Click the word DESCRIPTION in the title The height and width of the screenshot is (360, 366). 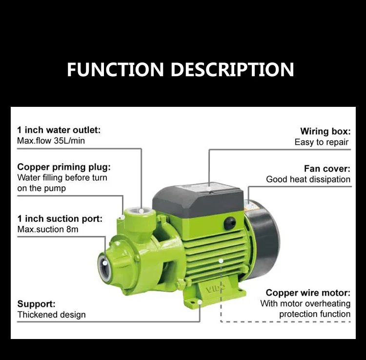click(233, 69)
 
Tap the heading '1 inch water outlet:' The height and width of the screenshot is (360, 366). click(59, 130)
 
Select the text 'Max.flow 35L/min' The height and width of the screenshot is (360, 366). click(51, 141)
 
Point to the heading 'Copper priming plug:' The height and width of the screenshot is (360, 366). click(64, 167)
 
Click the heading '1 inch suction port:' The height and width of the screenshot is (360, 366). click(60, 219)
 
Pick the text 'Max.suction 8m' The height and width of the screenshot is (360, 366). click(48, 229)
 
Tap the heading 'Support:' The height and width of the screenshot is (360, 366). click(37, 303)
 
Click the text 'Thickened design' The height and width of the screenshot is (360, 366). click(51, 315)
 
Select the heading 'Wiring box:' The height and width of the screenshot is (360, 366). click(325, 131)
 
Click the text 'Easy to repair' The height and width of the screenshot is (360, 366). click(322, 142)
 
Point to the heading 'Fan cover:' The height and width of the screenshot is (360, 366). click(327, 168)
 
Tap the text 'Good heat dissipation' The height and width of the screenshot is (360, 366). click(308, 179)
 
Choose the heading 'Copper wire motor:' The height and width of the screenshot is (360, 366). click(308, 293)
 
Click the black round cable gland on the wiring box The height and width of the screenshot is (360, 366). click(229, 224)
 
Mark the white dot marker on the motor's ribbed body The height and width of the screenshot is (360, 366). click(221, 260)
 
